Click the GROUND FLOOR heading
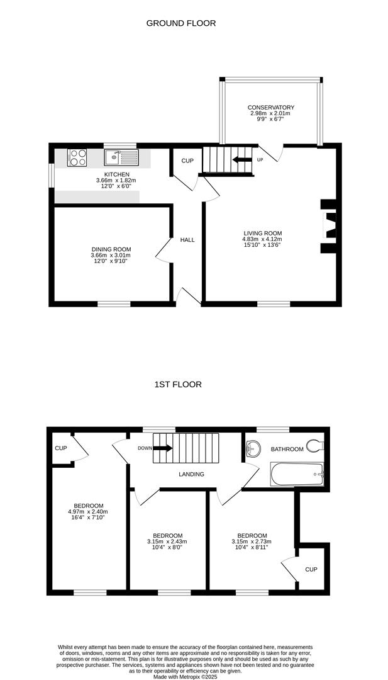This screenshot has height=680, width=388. [181, 23]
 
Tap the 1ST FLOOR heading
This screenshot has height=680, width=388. [178, 384]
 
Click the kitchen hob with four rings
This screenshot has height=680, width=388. [77, 157]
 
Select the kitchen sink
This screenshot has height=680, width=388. [121, 157]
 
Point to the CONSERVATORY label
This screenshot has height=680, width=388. [271, 108]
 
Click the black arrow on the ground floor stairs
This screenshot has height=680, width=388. [242, 159]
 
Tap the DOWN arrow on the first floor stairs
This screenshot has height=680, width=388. [163, 448]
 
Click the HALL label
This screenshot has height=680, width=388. [187, 240]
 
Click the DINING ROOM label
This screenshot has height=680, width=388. [111, 249]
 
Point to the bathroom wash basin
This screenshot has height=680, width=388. [253, 448]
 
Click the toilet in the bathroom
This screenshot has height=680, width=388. [315, 445]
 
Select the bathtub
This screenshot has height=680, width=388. [297, 475]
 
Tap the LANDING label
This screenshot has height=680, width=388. [191, 475]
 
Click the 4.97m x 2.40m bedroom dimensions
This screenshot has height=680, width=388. [89, 511]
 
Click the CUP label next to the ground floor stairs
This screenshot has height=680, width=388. [187, 161]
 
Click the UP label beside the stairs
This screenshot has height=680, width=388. [260, 159]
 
